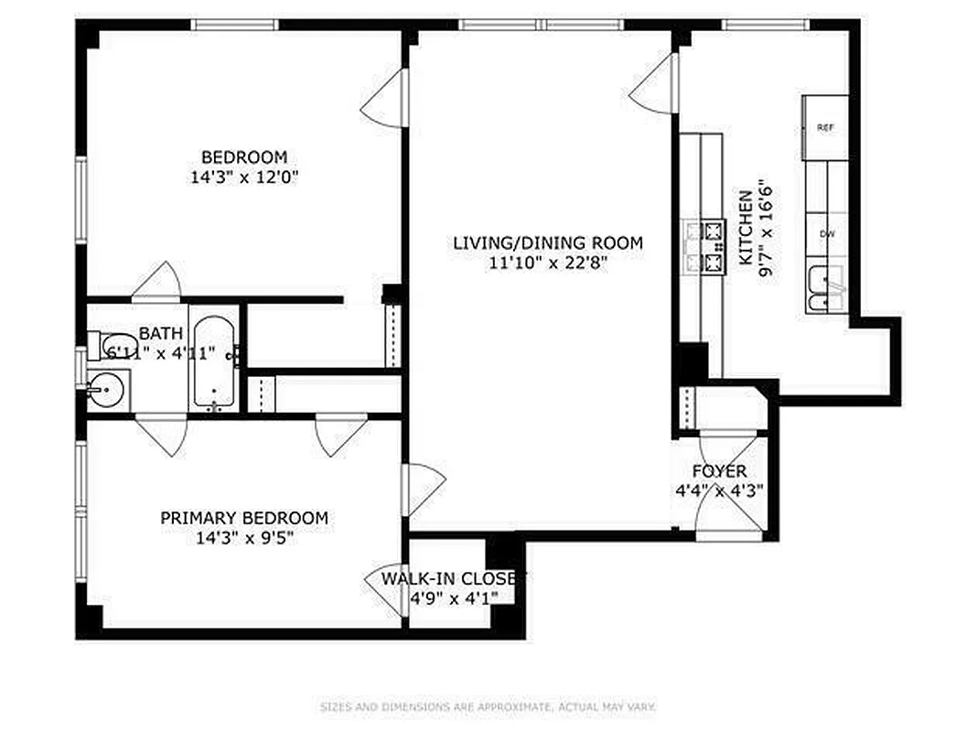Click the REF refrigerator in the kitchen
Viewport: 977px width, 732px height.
click(825, 128)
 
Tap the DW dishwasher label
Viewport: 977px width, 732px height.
click(827, 234)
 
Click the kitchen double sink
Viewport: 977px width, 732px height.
click(826, 290)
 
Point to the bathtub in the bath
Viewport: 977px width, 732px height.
click(214, 364)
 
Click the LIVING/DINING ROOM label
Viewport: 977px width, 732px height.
click(548, 243)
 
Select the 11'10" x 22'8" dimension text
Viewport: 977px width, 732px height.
click(548, 264)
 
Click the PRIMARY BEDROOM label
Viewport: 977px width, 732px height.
click(244, 519)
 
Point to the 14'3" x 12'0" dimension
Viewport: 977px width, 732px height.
click(244, 178)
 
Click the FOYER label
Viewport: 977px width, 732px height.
click(719, 471)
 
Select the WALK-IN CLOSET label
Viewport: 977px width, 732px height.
click(454, 579)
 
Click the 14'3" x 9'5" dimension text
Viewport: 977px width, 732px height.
click(244, 539)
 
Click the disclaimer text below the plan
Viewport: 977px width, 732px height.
click(488, 706)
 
